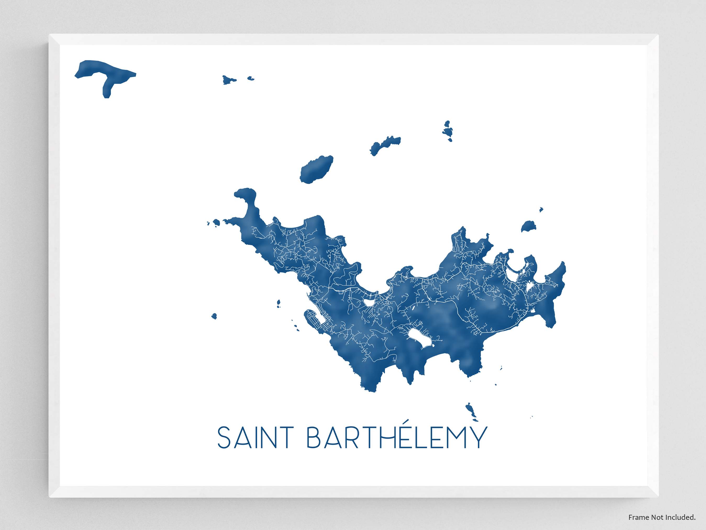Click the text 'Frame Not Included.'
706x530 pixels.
pyautogui.click(x=662, y=517)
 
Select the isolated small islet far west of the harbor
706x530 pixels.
pyautogui.click(x=214, y=316)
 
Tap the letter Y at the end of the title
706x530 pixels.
pyautogui.click(x=479, y=438)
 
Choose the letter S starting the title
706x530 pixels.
pyautogui.click(x=225, y=438)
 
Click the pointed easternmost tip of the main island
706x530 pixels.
pyautogui.click(x=563, y=264)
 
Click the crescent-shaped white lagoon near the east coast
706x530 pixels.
pyautogui.click(x=513, y=273)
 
